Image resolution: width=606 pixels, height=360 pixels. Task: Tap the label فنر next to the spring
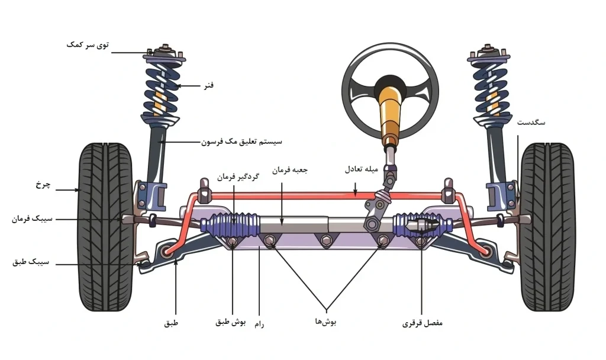point(207,86)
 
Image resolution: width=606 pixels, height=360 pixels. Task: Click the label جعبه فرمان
point(290,170)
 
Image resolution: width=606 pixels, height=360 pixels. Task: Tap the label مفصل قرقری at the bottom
point(423,324)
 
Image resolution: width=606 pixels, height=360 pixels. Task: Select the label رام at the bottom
point(258,325)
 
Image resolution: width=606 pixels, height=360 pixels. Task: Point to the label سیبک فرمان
point(31,219)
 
